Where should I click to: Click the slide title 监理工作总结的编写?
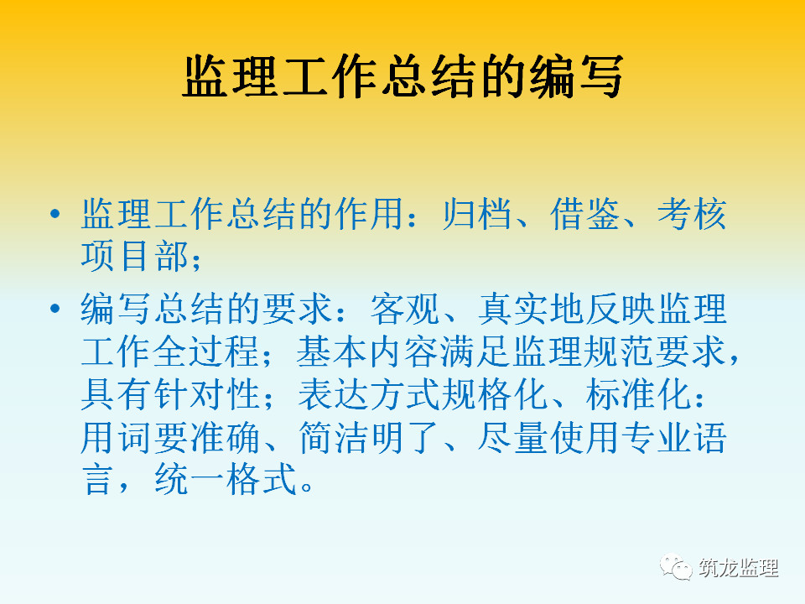(x=403, y=76)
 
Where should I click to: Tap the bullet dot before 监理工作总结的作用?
(x=55, y=214)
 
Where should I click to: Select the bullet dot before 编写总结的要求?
(x=55, y=309)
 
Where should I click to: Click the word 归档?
(x=477, y=214)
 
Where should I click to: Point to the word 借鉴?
(x=584, y=214)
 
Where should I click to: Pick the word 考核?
(x=692, y=214)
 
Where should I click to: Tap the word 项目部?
(x=134, y=256)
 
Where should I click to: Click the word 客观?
(x=405, y=309)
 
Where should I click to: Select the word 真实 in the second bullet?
(x=513, y=309)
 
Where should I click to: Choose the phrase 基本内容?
(x=368, y=351)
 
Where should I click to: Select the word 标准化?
(x=638, y=394)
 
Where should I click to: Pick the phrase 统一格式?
(x=226, y=480)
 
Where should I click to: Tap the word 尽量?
(x=513, y=438)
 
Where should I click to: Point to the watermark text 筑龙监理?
(x=738, y=568)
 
